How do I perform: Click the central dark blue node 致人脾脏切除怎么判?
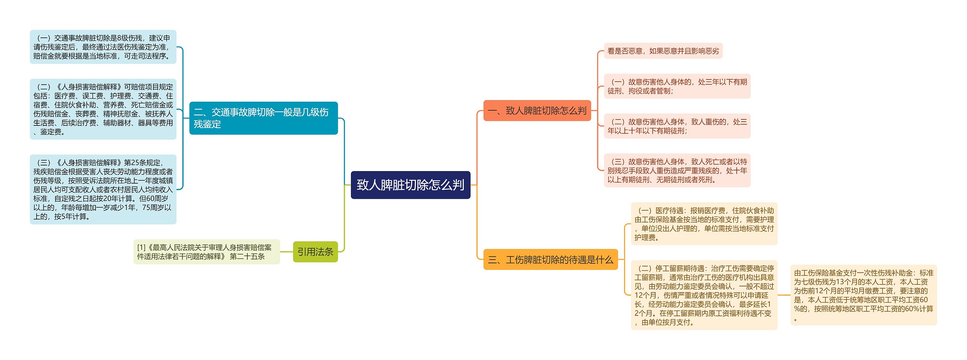pos(410,185)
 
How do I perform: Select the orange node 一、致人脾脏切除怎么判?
pos(537,111)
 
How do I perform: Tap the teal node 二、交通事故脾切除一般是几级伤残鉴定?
pos(263,118)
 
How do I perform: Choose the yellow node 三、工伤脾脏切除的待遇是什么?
pos(550,260)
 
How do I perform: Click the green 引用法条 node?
pos(315,252)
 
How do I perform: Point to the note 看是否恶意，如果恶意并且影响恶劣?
pos(663,51)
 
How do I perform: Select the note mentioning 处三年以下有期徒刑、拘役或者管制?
pos(677,86)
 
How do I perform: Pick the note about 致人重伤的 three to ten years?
pos(677,126)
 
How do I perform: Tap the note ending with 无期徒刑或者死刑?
pos(677,170)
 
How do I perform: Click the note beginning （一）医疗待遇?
pos(704,224)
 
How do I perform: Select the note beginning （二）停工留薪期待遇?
pos(704,295)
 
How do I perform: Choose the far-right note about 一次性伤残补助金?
pos(863,295)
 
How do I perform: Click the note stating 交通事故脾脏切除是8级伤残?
pos(103,47)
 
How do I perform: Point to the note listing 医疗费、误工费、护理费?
pos(103,109)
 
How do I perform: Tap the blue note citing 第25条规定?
pos(103,189)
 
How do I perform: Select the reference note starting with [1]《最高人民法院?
pos(206,252)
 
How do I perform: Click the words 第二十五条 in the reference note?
pos(247,256)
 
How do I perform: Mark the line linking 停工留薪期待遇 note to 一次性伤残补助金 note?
pos(784,295)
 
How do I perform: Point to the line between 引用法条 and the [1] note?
pos(286,252)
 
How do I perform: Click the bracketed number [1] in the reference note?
pos(141,247)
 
